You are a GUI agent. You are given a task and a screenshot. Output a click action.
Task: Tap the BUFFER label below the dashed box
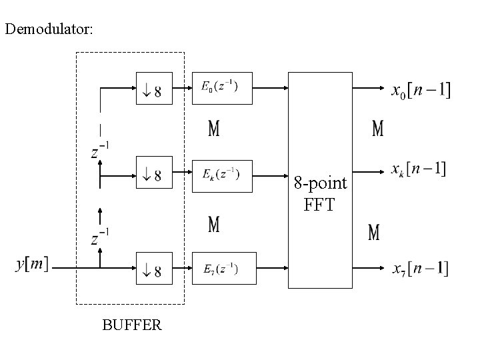pyautogui.click(x=131, y=325)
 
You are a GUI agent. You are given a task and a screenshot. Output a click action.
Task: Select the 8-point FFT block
pyautogui.click(x=320, y=180)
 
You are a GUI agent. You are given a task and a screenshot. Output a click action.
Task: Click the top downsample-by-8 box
pyautogui.click(x=154, y=88)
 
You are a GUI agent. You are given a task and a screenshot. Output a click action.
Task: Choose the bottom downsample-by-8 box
pyautogui.click(x=154, y=268)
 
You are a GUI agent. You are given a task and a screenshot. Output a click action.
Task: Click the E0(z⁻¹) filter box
pyautogui.click(x=223, y=88)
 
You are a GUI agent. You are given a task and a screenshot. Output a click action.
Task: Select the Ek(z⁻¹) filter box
pyautogui.click(x=223, y=176)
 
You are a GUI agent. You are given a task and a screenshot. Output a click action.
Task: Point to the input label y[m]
pyautogui.click(x=32, y=265)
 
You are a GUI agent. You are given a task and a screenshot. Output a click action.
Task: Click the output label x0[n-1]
pyautogui.click(x=420, y=90)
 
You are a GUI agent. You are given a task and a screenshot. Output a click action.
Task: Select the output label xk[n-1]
pyautogui.click(x=418, y=169)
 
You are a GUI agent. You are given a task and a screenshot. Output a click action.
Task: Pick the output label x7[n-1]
pyautogui.click(x=419, y=269)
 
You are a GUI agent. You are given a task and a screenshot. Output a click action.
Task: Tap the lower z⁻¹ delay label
pyautogui.click(x=100, y=237)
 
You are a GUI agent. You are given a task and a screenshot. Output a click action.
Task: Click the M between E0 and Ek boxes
pyautogui.click(x=213, y=129)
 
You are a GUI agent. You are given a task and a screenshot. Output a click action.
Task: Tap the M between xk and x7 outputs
pyautogui.click(x=374, y=233)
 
